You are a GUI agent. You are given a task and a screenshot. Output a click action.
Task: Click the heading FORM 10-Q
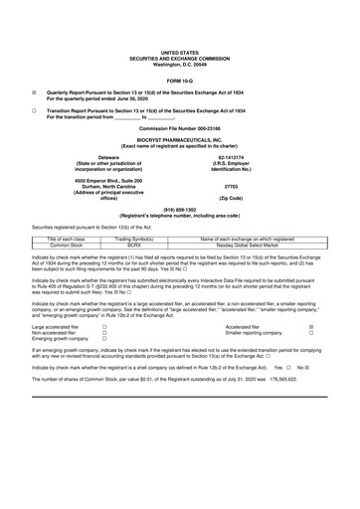(x=179, y=80)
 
